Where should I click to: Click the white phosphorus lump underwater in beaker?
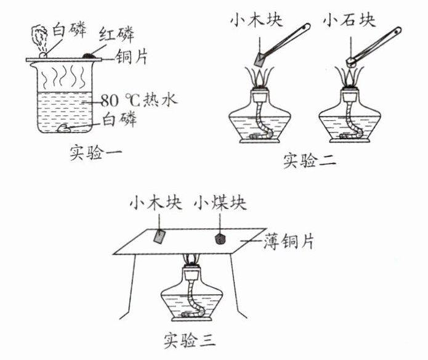click(63, 128)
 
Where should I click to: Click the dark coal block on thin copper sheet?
click(220, 239)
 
